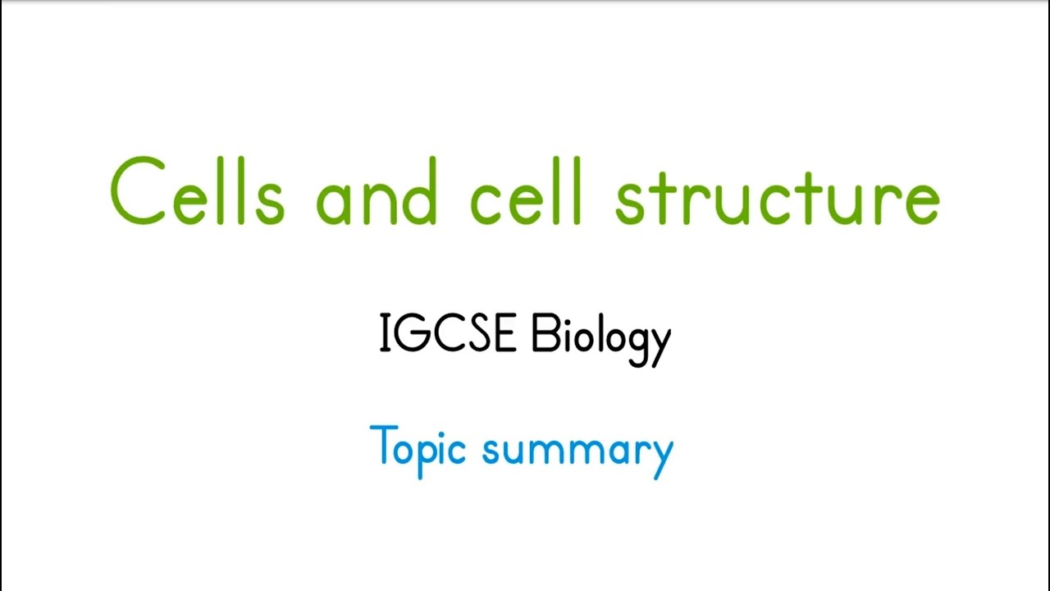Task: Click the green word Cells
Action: [x=197, y=193]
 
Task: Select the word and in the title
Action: [x=377, y=193]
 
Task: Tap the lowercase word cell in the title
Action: [x=526, y=193]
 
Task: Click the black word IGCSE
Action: [x=447, y=334]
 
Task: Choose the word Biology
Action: [x=600, y=337]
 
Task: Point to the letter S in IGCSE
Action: [x=479, y=334]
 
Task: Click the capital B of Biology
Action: [x=544, y=334]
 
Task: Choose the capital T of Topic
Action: [x=383, y=446]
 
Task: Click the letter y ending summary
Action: [x=660, y=456]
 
